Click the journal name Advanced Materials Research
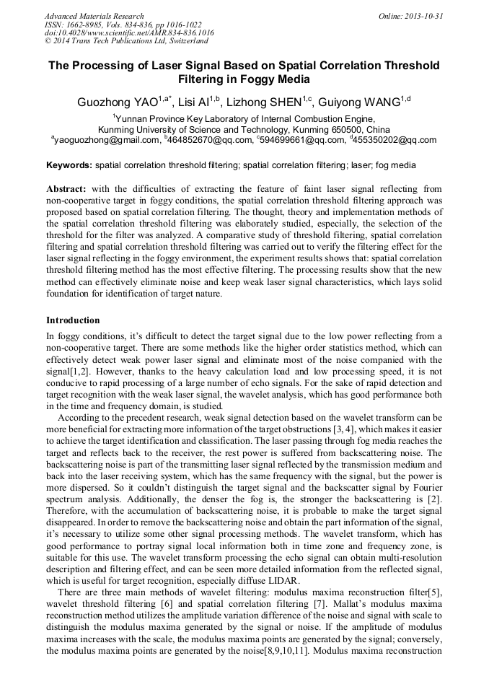pos(94,16)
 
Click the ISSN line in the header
pos(123,25)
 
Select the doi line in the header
pos(129,33)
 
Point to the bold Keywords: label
pos(69,165)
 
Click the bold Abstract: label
pos(66,188)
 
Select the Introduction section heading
pos(73,320)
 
